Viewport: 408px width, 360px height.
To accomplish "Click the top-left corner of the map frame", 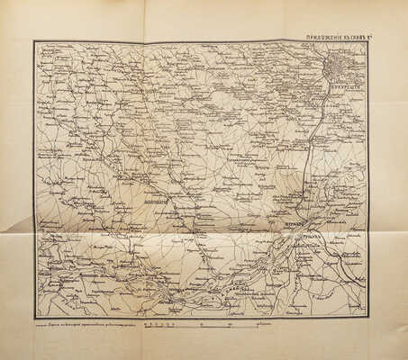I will tap(34, 41).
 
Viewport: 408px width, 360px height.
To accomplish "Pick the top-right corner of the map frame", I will tap(367, 42).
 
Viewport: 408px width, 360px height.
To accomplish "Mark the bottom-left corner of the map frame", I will tap(34, 317).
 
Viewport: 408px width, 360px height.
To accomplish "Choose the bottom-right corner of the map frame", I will tap(367, 317).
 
